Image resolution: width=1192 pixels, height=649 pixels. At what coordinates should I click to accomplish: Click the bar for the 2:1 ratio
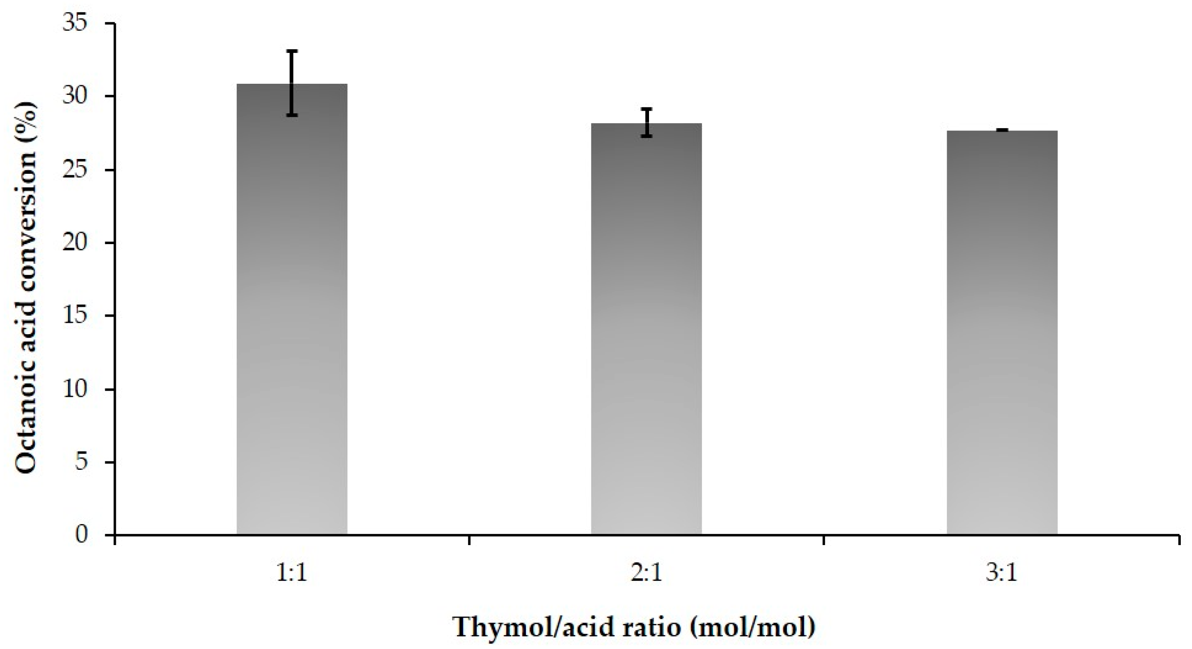tap(646, 329)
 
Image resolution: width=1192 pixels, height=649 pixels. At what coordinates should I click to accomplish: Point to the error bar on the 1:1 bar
tap(292, 83)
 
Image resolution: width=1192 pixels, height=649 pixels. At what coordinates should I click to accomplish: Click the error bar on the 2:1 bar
tap(646, 123)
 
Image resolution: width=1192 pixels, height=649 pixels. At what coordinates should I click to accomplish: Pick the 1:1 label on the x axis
tap(292, 574)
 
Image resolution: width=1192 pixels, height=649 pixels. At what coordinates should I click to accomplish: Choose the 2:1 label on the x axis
tap(646, 574)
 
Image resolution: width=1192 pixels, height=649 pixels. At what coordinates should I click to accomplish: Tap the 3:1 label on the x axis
tap(1002, 574)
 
